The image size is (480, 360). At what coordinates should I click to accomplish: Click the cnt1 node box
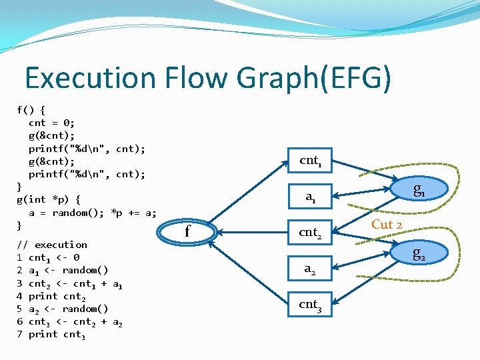point(311,161)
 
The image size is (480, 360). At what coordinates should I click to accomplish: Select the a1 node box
point(311,196)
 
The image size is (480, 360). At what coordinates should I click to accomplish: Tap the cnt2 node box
point(311,233)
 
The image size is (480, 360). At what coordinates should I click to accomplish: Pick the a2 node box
point(311,269)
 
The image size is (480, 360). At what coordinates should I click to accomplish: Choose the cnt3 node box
point(311,305)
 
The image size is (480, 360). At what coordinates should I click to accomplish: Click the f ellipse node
point(187,232)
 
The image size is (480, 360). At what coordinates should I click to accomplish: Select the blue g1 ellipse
point(419,189)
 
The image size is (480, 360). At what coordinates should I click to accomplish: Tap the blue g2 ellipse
point(419,253)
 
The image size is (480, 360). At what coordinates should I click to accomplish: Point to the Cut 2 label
point(387,225)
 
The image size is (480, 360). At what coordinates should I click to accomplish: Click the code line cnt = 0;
point(52,123)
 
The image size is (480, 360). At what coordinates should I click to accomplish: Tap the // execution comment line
point(52,245)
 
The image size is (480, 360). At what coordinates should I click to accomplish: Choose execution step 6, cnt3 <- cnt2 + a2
point(69,321)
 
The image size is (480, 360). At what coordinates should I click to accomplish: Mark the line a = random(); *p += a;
point(93,213)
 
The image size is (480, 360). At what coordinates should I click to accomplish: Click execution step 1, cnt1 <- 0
point(49,257)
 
